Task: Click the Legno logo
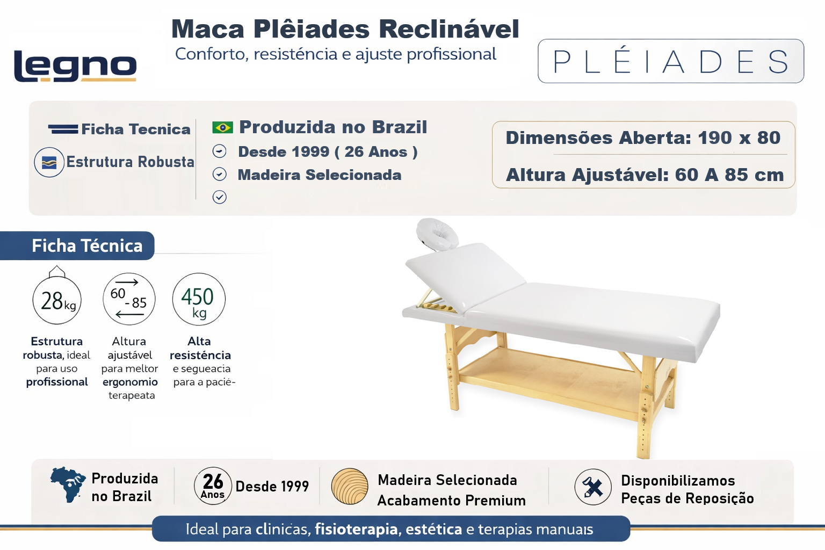75,66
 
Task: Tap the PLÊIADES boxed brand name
671,61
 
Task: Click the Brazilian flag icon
222,127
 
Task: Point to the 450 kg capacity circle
199,299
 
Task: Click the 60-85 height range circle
129,299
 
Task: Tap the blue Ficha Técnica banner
77,245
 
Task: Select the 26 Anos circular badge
213,486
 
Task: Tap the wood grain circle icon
350,486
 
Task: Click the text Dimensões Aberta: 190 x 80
643,138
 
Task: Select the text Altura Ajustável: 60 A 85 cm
645,175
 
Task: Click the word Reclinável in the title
450,28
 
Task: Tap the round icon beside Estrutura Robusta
49,162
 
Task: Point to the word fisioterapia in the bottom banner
356,530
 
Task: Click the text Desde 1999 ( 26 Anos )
328,152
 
